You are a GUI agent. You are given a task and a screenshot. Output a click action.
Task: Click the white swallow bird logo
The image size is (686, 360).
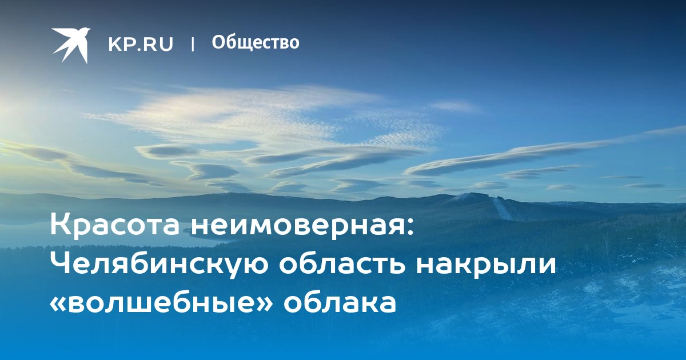pyautogui.click(x=71, y=45)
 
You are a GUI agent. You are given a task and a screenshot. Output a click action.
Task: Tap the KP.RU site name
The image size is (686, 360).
pyautogui.click(x=141, y=44)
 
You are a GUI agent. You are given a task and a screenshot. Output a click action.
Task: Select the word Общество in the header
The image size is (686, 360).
pyautogui.click(x=256, y=42)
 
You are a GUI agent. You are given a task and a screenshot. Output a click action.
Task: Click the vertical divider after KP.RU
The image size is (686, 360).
pyautogui.click(x=193, y=44)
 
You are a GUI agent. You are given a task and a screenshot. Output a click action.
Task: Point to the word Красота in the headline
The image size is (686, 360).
pyautogui.click(x=114, y=225)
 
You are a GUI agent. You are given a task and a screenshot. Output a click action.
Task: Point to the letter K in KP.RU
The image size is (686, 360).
pyautogui.click(x=115, y=44)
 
